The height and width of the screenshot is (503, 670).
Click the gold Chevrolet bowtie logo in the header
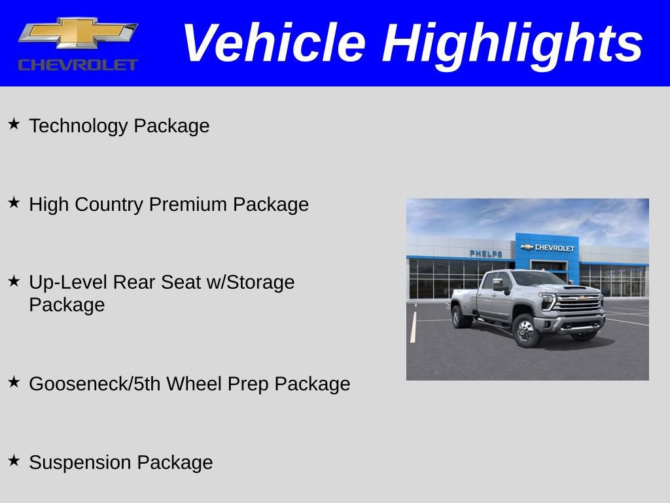click(x=78, y=33)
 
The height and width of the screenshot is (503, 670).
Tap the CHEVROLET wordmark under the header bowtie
click(x=78, y=65)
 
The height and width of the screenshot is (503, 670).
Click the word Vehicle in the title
click(x=273, y=43)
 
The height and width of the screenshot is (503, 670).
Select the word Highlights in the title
click(x=512, y=43)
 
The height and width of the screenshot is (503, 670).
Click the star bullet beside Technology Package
click(x=14, y=123)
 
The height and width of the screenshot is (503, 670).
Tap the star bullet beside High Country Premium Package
click(x=14, y=202)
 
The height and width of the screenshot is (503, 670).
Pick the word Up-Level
click(x=69, y=282)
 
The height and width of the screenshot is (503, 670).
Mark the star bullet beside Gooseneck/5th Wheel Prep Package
click(x=14, y=381)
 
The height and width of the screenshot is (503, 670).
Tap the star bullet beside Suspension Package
click(x=14, y=460)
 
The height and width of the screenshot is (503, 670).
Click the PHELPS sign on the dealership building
click(x=486, y=253)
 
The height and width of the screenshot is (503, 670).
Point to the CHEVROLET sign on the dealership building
click(x=548, y=248)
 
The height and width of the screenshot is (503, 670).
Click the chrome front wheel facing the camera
click(x=525, y=331)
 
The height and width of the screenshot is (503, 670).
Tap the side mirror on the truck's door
click(x=499, y=285)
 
